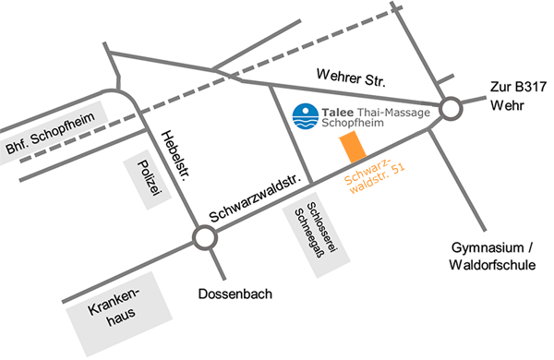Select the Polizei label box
140,175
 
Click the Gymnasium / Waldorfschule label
481,258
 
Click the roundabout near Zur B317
451,110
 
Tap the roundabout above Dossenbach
203,240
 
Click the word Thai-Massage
389,111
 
